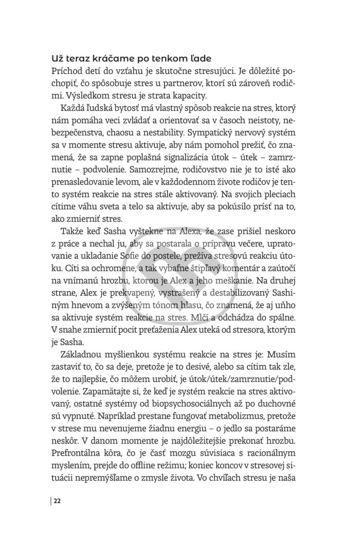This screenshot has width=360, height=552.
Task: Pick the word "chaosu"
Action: (138, 136)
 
